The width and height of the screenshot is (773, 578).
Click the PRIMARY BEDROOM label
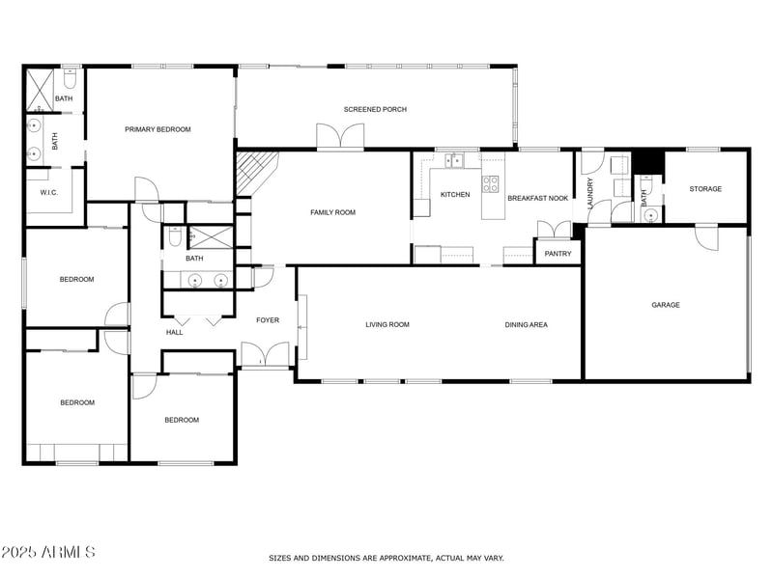point(157,129)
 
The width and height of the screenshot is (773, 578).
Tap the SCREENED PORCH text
point(375,110)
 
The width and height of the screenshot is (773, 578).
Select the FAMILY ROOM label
point(332,212)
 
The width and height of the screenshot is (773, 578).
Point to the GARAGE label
point(665,305)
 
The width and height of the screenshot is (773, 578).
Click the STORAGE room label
point(704,189)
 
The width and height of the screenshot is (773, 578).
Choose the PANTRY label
point(558,254)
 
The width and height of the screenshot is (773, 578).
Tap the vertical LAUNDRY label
point(589,193)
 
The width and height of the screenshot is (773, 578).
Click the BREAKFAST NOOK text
point(537,197)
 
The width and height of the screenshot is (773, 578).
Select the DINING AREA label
point(526,325)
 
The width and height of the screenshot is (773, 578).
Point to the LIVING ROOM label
point(386,325)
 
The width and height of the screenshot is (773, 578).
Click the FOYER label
point(268,320)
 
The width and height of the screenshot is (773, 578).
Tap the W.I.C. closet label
point(49,193)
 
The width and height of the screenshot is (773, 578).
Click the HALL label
point(174,333)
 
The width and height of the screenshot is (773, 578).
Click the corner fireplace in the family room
point(255,172)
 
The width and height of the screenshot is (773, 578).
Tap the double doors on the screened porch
point(340,137)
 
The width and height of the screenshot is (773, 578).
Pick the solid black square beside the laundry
point(644,160)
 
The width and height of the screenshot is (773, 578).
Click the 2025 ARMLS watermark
point(47,553)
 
